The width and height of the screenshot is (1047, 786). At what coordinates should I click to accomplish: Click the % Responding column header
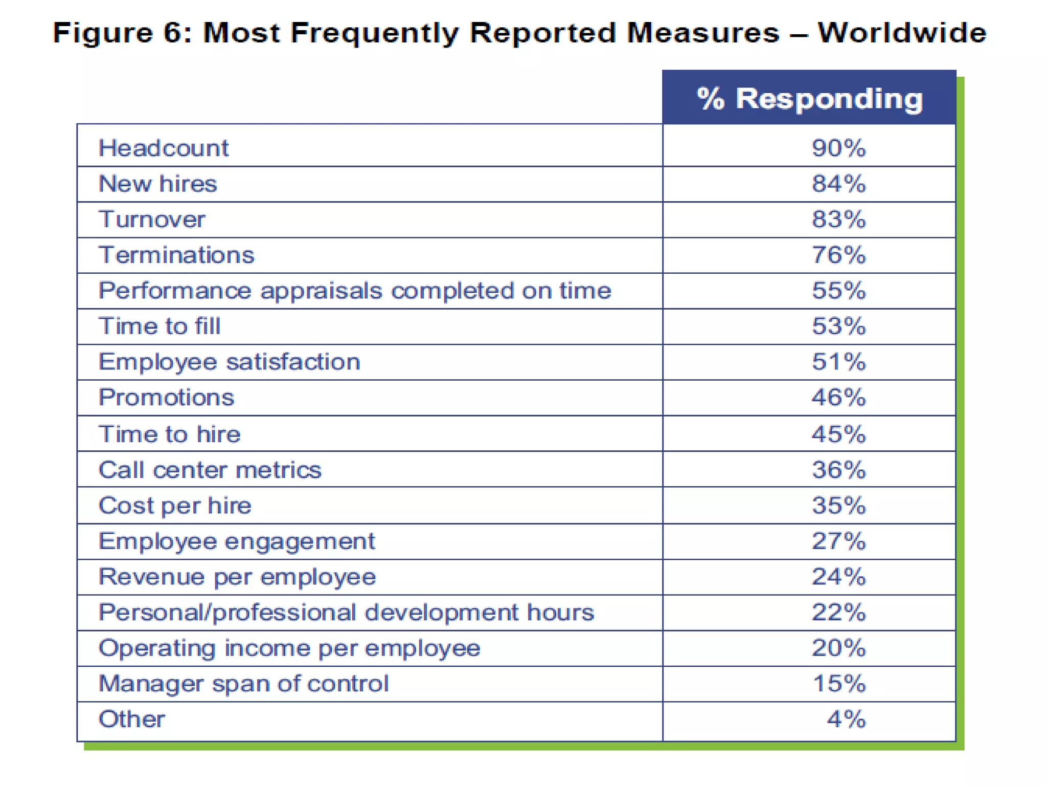click(809, 98)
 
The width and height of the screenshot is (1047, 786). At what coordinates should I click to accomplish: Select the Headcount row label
click(164, 148)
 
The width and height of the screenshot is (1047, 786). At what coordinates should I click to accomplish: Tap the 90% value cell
click(838, 148)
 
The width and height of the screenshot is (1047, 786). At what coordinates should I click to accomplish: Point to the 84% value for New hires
click(838, 184)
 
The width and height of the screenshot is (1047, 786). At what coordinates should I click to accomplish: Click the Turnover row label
click(152, 219)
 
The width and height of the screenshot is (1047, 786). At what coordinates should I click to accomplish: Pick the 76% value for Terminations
click(838, 255)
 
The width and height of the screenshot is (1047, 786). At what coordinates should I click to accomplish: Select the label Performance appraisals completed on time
click(355, 291)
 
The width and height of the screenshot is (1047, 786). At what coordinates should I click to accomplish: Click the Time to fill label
click(160, 326)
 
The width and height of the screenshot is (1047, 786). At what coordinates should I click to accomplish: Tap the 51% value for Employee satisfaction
click(838, 362)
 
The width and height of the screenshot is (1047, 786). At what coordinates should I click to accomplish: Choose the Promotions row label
click(166, 397)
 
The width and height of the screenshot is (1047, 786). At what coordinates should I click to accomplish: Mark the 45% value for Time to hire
click(838, 434)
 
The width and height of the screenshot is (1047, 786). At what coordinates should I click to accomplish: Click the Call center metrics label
click(210, 470)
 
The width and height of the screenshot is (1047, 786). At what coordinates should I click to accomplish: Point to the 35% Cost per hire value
click(838, 506)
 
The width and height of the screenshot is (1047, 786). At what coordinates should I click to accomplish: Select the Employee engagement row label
click(237, 541)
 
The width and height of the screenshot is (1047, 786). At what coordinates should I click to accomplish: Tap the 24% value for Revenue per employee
click(838, 577)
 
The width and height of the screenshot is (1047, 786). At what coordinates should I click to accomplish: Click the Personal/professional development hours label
click(346, 613)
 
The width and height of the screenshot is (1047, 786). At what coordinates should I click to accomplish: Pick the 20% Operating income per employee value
click(838, 648)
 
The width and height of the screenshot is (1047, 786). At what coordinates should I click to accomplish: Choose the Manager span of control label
click(243, 684)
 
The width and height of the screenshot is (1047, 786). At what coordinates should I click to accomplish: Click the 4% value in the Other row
click(846, 719)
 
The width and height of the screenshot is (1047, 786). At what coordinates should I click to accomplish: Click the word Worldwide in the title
click(902, 33)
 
